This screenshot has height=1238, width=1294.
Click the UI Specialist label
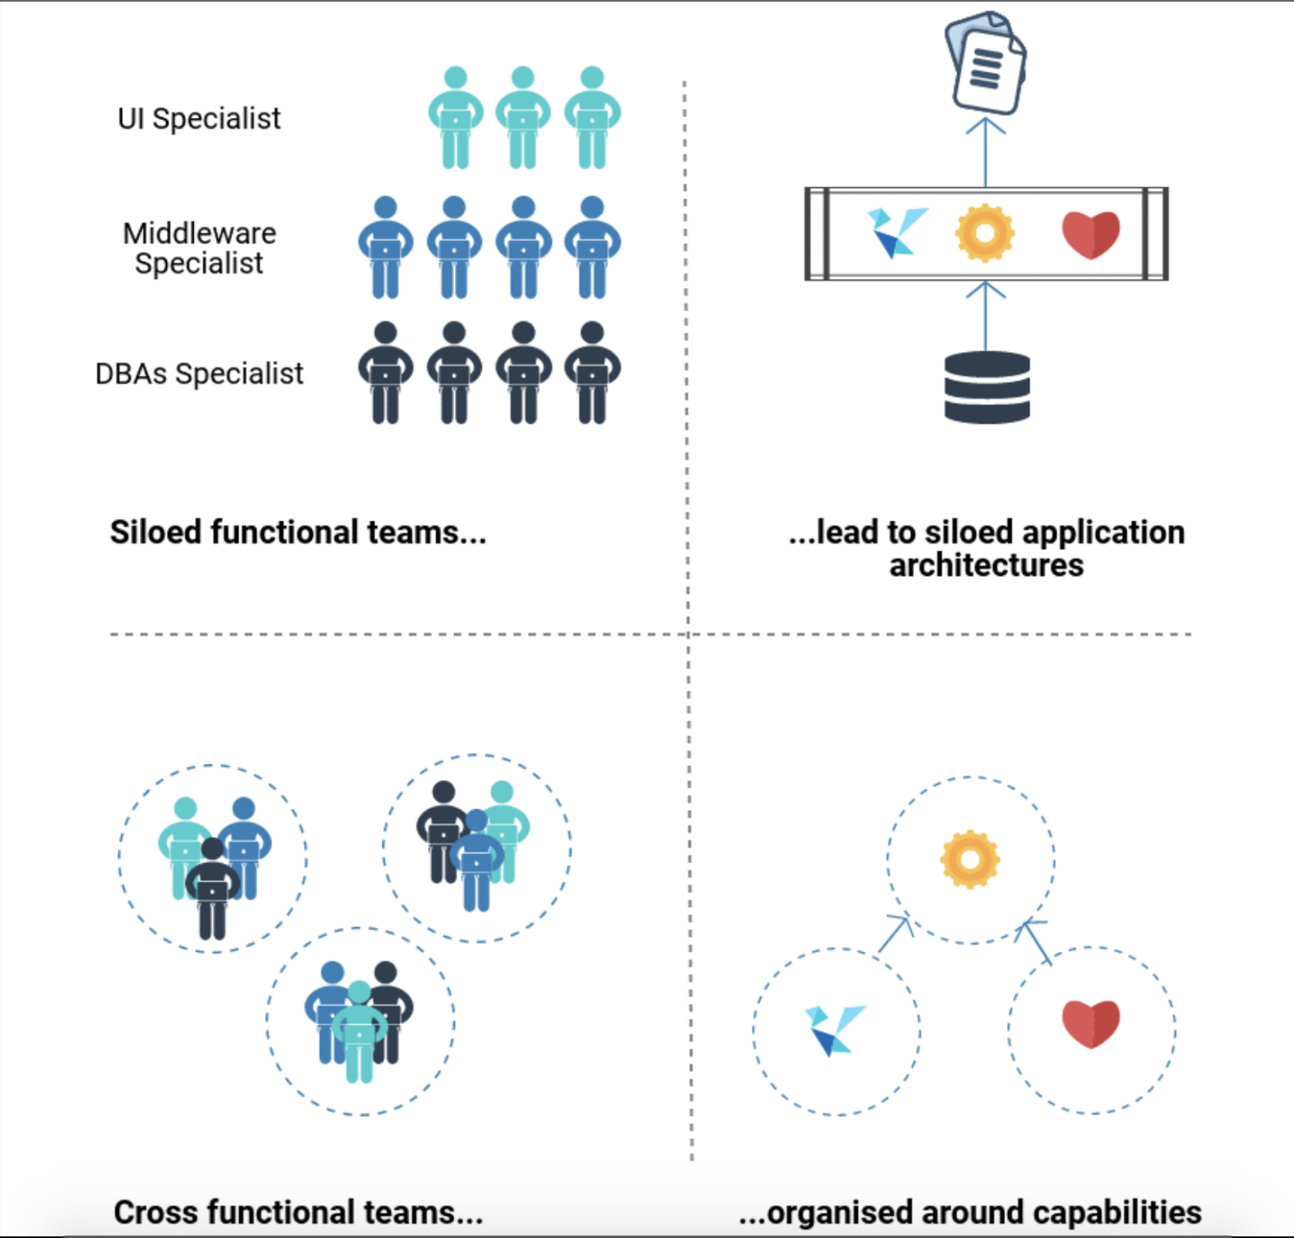coord(199,119)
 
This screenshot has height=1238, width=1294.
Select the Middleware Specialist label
coord(200,248)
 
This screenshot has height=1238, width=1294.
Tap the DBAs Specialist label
coord(199,373)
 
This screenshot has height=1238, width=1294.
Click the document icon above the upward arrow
coord(986,63)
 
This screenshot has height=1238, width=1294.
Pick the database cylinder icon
coord(987,387)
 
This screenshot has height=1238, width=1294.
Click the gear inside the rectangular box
coord(985,233)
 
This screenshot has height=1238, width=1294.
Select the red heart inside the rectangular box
coord(1091,234)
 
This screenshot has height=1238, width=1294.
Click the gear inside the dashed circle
coord(970,859)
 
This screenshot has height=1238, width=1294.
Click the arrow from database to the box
coord(986,317)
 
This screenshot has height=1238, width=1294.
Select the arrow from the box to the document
coord(986,152)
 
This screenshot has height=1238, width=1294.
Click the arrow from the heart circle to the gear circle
coord(1034,942)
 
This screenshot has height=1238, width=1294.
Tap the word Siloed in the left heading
coord(156,532)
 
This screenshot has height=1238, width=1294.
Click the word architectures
coord(987,565)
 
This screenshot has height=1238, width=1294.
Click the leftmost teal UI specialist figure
coord(456,118)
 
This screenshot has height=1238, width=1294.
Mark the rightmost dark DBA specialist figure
coord(592,372)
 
